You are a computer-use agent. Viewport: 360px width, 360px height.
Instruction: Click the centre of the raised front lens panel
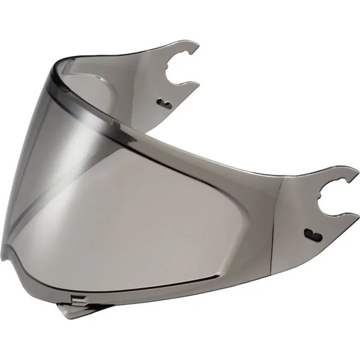click(x=138, y=204)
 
